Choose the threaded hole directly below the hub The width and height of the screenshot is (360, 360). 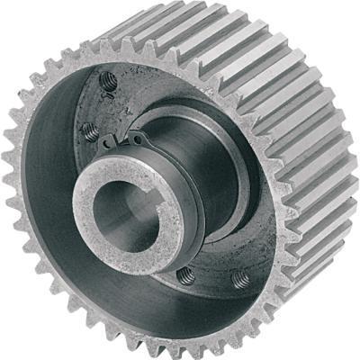click(185, 274)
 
